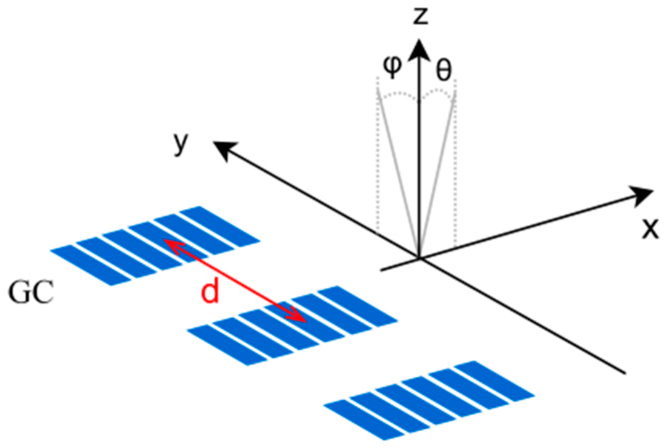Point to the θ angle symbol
click(444, 70)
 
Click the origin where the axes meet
click(419, 258)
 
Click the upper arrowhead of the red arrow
click(169, 244)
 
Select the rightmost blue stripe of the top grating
click(219, 226)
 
